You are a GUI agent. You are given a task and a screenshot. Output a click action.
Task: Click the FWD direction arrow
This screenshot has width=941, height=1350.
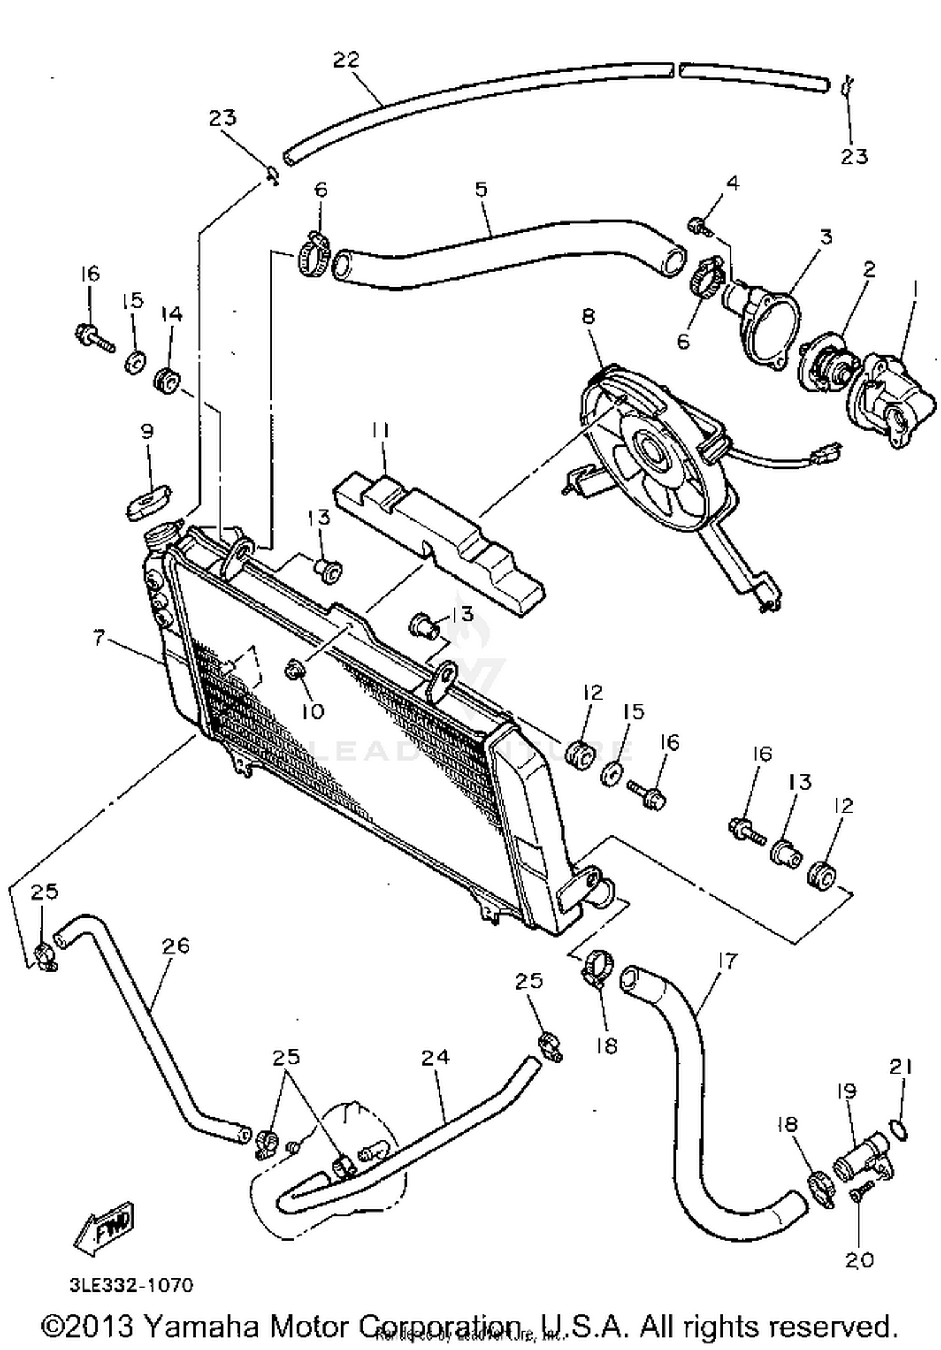105,1223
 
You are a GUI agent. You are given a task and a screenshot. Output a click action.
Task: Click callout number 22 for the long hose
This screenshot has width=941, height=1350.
346,60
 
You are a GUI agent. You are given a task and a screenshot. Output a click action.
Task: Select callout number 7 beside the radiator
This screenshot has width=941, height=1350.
98,638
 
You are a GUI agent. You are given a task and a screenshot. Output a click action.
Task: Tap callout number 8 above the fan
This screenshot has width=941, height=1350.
588,315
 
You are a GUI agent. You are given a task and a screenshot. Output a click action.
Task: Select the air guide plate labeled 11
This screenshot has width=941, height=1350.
439,540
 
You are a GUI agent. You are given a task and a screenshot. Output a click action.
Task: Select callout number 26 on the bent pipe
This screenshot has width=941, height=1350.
176,945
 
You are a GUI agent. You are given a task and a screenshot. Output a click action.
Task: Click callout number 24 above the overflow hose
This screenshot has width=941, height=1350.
435,1057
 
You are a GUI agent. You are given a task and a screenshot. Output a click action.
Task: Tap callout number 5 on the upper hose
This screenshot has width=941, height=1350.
481,189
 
